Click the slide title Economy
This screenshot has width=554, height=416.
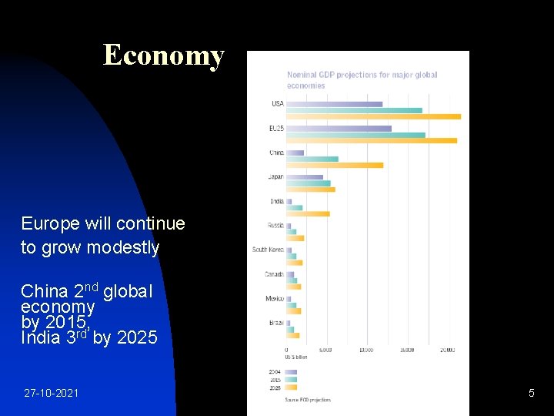point(163,55)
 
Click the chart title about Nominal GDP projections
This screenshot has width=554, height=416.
point(362,80)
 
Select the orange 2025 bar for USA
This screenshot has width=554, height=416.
point(373,116)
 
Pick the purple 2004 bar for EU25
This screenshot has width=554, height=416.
point(339,129)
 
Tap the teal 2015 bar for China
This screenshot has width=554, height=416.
point(312,159)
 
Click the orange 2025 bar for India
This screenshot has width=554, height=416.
point(308,213)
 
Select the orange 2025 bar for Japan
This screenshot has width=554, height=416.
point(310,190)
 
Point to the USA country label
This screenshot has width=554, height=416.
point(277,104)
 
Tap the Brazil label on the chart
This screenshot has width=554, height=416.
point(276,323)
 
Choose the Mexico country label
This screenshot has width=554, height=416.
point(275,298)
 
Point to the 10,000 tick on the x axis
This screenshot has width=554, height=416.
point(366,350)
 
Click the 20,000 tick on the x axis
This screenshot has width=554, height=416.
point(446,350)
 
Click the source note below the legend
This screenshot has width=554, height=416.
point(308,400)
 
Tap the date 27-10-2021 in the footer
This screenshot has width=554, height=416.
point(51,394)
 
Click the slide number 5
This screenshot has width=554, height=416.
point(531,394)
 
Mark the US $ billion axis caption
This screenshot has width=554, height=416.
point(297,357)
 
